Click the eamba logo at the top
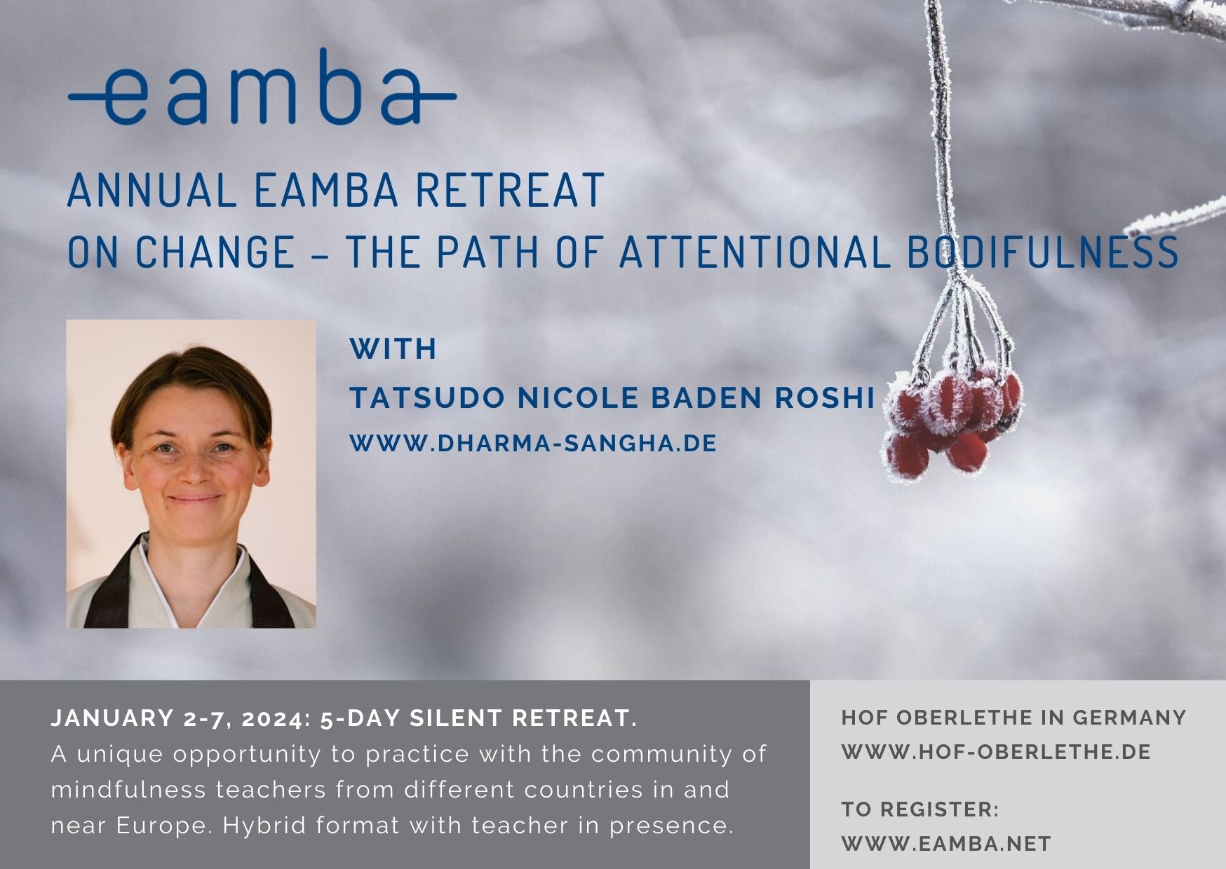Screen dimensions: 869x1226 tap(262, 88)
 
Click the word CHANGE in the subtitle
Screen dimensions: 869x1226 tap(215, 252)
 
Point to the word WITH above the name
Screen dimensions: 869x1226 tap(393, 349)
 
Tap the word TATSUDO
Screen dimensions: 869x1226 tap(427, 398)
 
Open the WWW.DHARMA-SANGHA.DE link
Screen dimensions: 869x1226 tap(533, 444)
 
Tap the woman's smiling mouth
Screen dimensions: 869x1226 tap(194, 499)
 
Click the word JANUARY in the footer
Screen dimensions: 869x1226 tap(112, 718)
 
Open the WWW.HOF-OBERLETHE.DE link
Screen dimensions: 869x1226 tap(996, 752)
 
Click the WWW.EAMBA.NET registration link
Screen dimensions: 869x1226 tap(946, 844)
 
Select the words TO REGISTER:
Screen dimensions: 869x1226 tap(920, 809)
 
